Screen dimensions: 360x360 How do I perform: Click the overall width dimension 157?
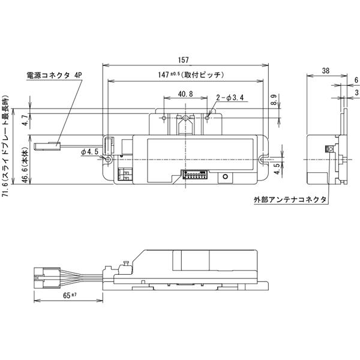184,60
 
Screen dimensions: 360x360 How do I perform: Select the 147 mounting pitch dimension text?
187,75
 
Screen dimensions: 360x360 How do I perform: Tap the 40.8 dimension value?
186,94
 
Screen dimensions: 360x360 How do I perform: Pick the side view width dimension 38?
325,70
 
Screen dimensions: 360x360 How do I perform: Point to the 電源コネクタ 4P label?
53,76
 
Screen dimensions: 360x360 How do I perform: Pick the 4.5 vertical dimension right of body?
275,170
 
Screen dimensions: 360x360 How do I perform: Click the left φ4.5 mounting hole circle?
108,160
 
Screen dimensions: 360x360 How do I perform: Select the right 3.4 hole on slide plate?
208,118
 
